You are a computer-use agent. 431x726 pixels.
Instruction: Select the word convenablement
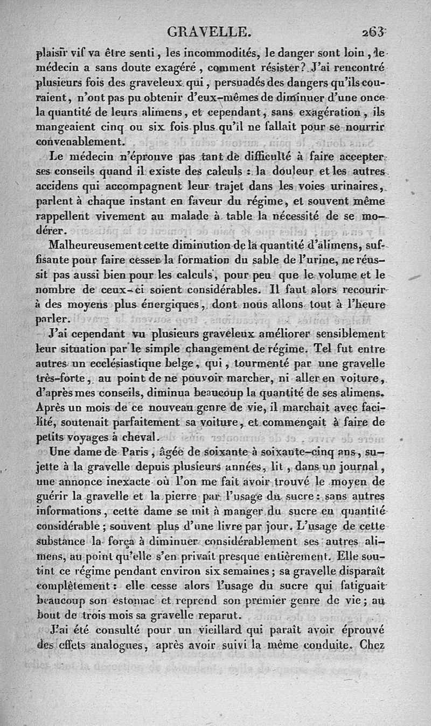80,142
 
